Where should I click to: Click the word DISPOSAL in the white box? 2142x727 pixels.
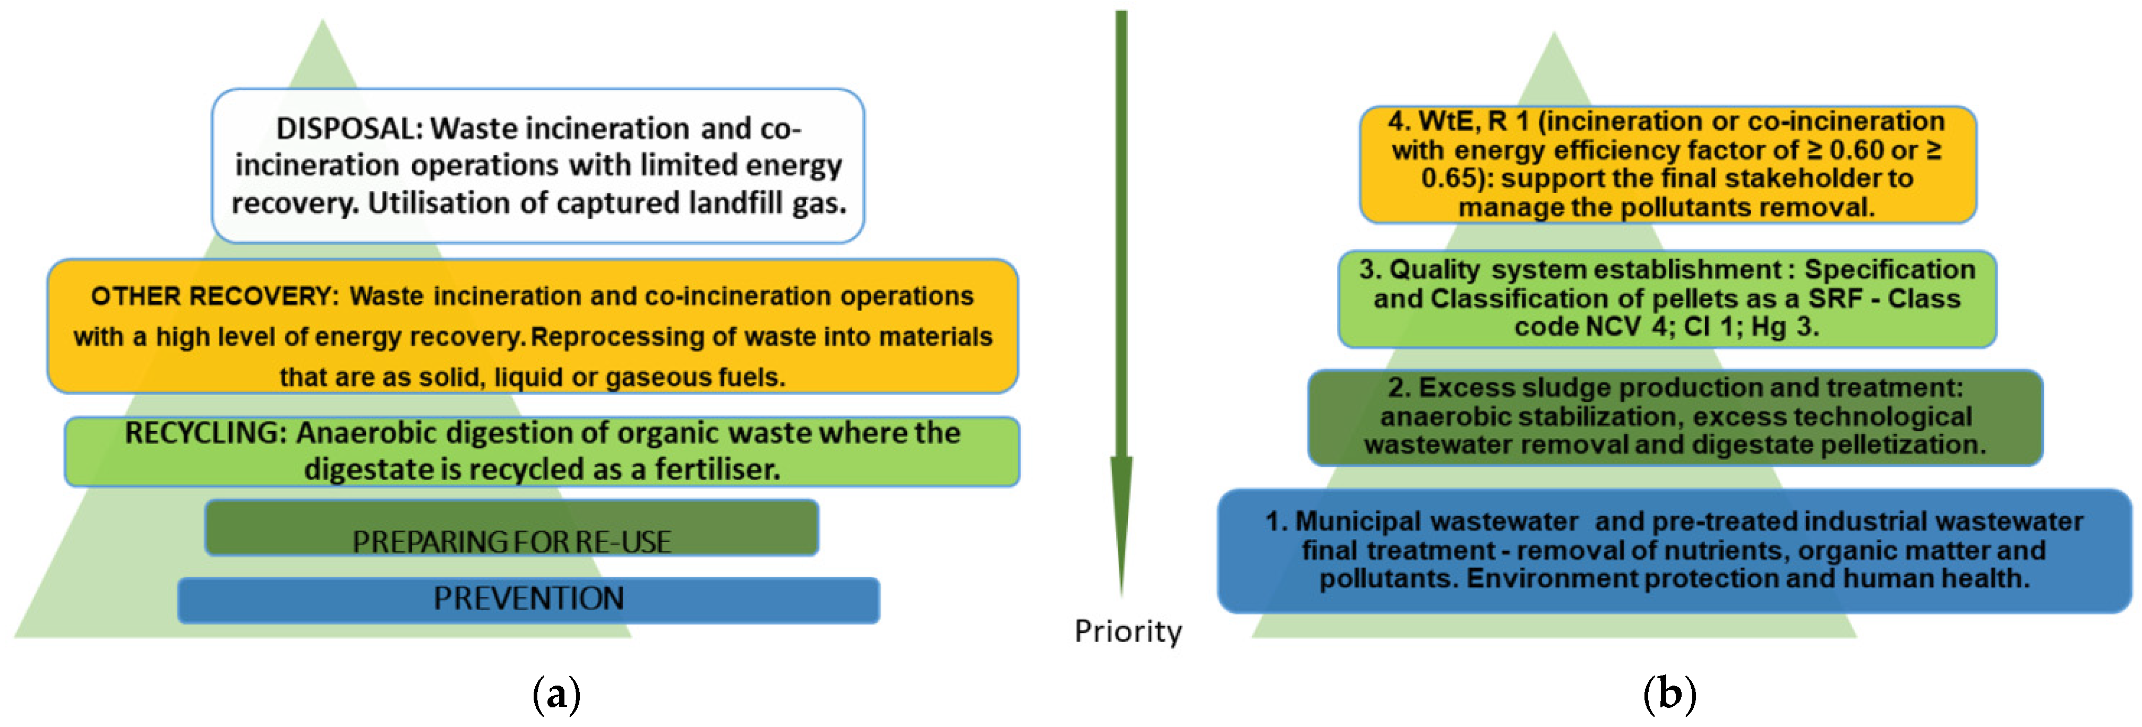click(349, 129)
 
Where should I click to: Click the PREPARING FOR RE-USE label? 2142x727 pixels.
click(511, 542)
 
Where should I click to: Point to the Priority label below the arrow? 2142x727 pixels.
click(1127, 631)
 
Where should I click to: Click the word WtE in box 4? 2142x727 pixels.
click(1447, 122)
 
